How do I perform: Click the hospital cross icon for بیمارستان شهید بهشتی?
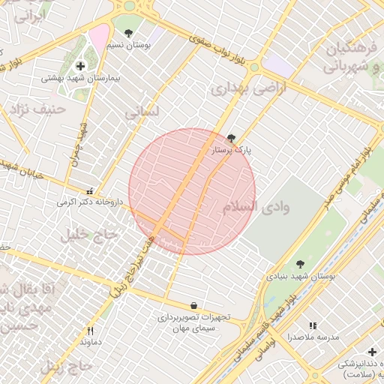click(x=80, y=67)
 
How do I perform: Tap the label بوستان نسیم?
click(x=133, y=45)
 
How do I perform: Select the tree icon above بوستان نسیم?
click(x=128, y=33)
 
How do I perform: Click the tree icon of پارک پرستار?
click(x=230, y=138)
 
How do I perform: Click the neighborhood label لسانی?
click(x=142, y=113)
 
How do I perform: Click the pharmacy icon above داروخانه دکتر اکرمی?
click(x=90, y=190)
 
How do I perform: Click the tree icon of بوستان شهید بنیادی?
click(x=300, y=263)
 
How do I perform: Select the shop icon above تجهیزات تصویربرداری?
click(x=194, y=305)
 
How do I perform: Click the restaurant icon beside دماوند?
click(x=90, y=330)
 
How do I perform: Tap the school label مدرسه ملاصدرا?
click(x=313, y=337)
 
